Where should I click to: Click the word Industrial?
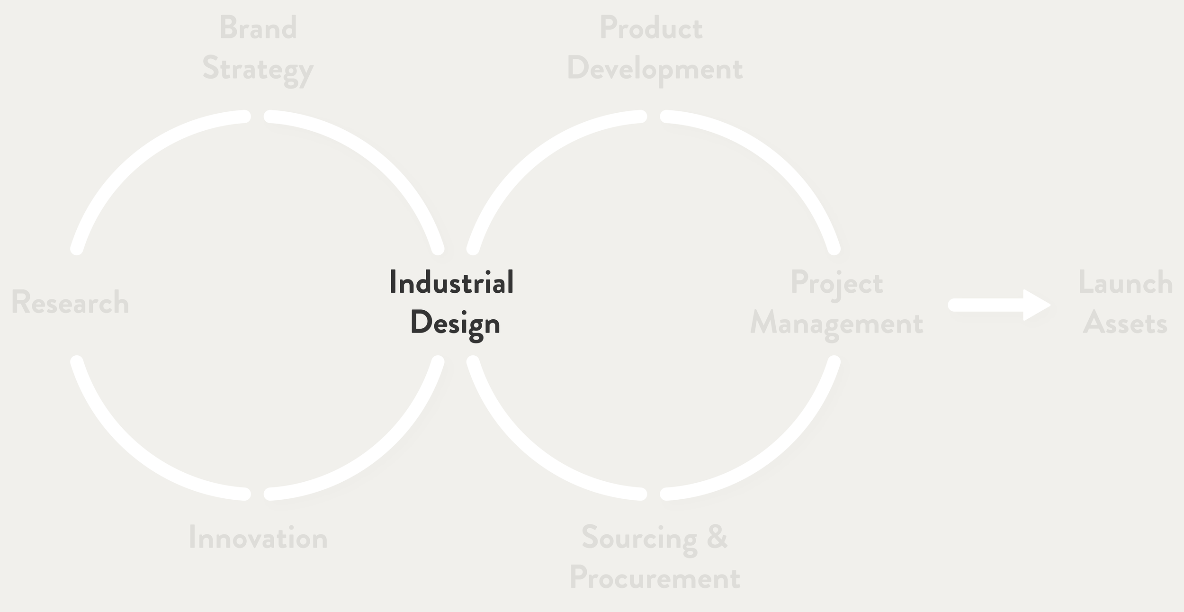(451, 282)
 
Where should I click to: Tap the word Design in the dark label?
(455, 324)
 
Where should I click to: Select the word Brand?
(258, 28)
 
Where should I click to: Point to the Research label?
(70, 302)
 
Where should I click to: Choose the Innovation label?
(258, 538)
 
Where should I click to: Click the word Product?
(651, 28)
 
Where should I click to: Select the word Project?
(837, 283)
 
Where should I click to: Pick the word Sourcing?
(639, 538)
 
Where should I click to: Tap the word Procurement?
(655, 578)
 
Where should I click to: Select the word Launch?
(1125, 283)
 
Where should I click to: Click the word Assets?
(1125, 324)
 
